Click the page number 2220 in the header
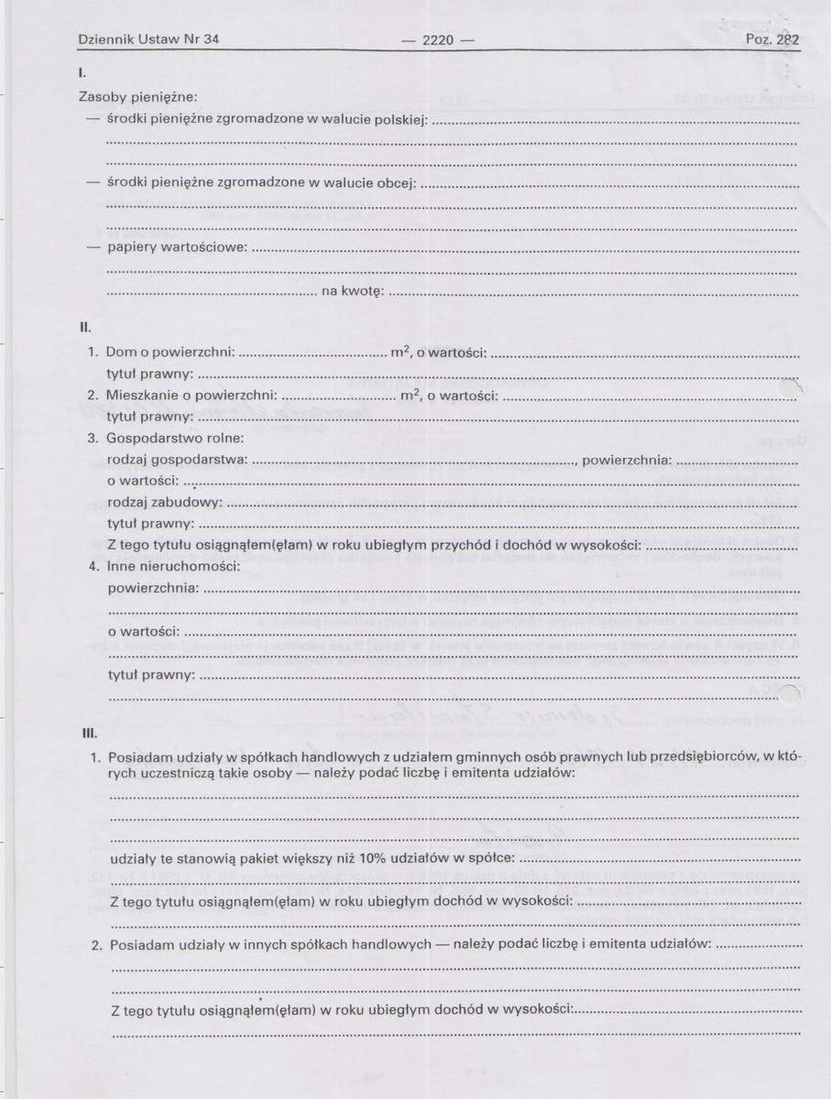(x=436, y=39)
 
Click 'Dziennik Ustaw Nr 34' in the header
(x=148, y=39)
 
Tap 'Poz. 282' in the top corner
(x=772, y=39)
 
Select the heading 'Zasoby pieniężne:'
(x=138, y=96)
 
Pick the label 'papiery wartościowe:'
(x=177, y=247)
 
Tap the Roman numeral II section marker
(x=83, y=326)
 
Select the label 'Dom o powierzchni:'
(x=171, y=352)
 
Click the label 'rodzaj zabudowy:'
(x=165, y=502)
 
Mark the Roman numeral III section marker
(x=85, y=733)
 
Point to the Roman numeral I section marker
(x=82, y=71)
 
